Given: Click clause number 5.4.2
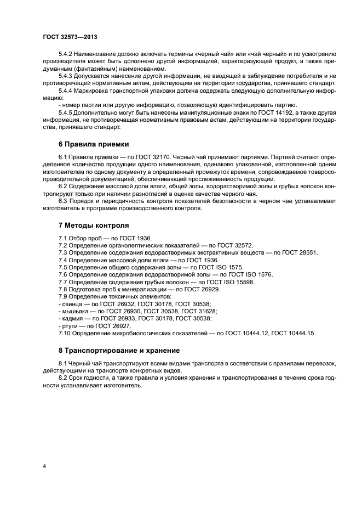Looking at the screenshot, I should (x=67, y=55).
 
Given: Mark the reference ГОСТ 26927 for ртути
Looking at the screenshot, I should (x=107, y=325).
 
